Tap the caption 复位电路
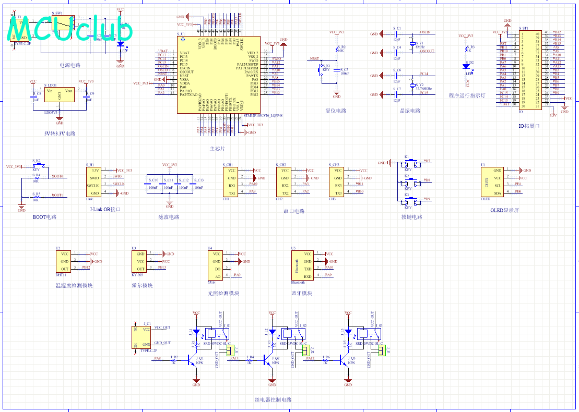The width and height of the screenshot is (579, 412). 336,111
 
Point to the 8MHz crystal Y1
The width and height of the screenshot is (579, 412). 412,44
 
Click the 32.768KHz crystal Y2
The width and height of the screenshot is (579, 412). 412,85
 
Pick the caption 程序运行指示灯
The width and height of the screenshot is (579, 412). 467,96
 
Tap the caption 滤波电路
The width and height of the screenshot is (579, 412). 169,217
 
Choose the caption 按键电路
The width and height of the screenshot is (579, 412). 411,217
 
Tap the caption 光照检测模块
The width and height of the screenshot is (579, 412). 223,293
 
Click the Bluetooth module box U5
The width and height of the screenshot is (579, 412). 302,265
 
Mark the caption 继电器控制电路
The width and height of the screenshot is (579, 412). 273,400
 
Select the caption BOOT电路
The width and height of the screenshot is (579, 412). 44,217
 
